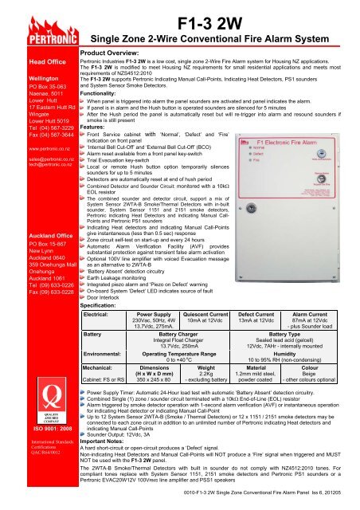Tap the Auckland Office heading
[31, 214]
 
